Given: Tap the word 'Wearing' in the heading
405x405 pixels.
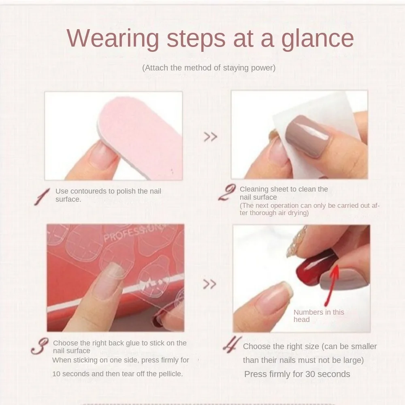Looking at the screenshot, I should click(x=113, y=39).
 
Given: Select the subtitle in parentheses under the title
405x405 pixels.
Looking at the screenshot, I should click(x=209, y=68).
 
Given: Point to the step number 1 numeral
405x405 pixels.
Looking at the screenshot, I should click(x=42, y=196).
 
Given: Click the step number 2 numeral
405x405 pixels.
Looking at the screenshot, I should click(x=227, y=193).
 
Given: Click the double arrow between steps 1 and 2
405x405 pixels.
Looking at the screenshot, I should click(x=210, y=137).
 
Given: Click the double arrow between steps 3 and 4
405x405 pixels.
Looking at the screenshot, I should click(x=209, y=284).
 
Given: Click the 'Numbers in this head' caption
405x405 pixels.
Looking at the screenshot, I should click(x=318, y=316).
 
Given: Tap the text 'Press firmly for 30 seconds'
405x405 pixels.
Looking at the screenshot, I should click(x=297, y=374).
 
